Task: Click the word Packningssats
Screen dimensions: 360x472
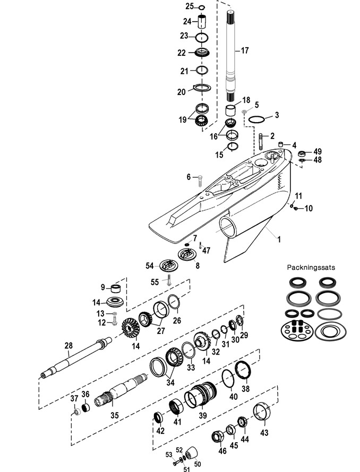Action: point(311,267)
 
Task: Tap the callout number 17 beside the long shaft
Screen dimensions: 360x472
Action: point(245,50)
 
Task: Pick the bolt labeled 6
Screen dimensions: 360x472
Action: point(200,181)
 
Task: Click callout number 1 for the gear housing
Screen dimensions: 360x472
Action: point(279,239)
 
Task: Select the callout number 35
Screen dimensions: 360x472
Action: point(114,415)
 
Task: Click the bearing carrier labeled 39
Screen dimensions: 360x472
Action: point(201,395)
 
